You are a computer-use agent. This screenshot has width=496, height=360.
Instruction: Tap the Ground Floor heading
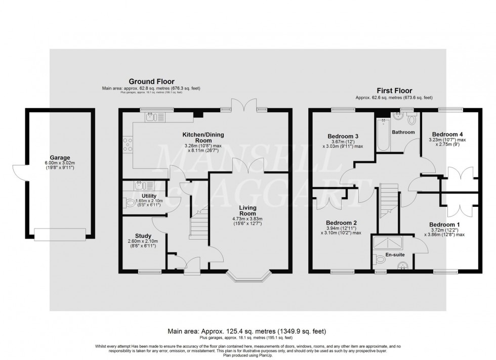point(151,81)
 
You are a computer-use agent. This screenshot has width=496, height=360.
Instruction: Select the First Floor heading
point(394,91)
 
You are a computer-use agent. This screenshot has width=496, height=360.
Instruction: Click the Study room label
point(143,236)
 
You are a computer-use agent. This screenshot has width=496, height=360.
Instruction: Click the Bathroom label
point(403,132)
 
